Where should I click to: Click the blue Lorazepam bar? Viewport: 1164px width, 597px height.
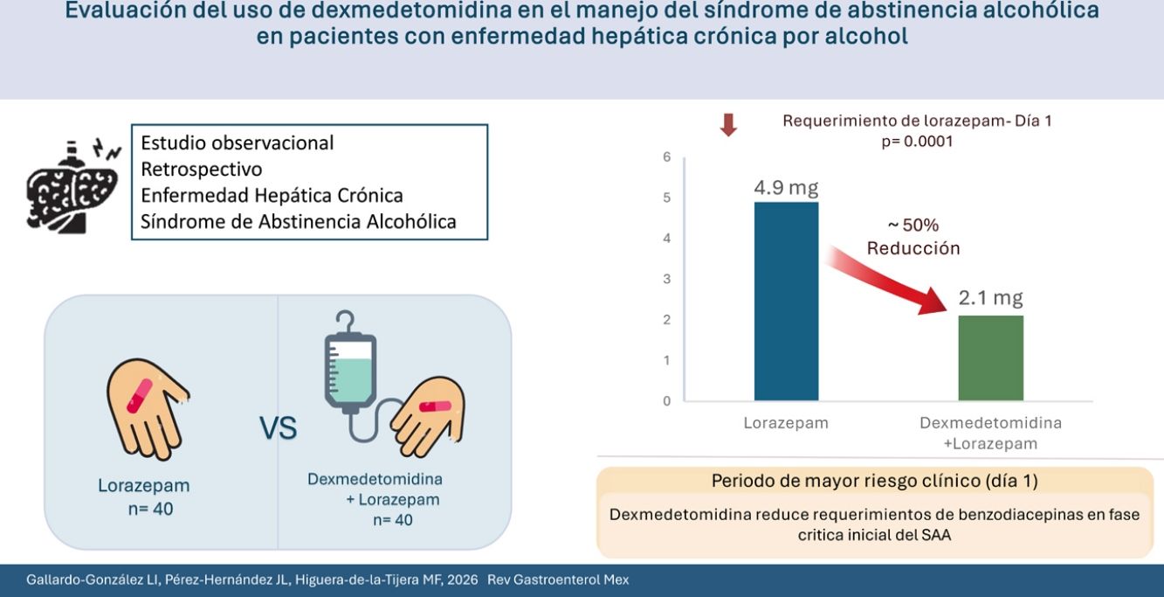pyautogui.click(x=786, y=301)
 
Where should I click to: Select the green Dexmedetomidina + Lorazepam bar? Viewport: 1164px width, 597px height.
pyautogui.click(x=990, y=358)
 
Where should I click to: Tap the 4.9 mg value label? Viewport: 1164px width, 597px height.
pyautogui.click(x=786, y=187)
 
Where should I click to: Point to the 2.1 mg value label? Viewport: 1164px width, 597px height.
pyautogui.click(x=990, y=298)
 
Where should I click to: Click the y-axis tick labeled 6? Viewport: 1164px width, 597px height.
pyautogui.click(x=666, y=157)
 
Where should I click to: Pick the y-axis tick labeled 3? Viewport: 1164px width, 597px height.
pyautogui.click(x=666, y=279)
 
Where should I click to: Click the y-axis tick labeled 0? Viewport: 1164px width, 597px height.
pyautogui.click(x=666, y=401)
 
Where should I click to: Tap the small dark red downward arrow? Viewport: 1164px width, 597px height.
pyautogui.click(x=728, y=125)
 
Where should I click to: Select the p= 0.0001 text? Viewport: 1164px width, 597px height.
pyautogui.click(x=917, y=142)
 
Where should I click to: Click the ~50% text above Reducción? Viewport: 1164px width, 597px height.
pyautogui.click(x=913, y=226)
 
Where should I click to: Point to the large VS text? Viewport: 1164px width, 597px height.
pyautogui.click(x=278, y=428)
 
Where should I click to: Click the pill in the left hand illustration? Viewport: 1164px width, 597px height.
pyautogui.click(x=140, y=396)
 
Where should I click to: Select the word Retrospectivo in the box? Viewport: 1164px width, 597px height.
pyautogui.click(x=202, y=169)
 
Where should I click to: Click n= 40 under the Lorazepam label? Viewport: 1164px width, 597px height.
pyautogui.click(x=151, y=509)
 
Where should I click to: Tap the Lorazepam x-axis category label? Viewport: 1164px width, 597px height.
pyautogui.click(x=786, y=423)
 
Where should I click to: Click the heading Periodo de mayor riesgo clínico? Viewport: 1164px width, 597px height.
pyautogui.click(x=875, y=481)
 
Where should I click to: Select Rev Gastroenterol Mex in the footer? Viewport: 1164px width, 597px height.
pyautogui.click(x=558, y=580)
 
